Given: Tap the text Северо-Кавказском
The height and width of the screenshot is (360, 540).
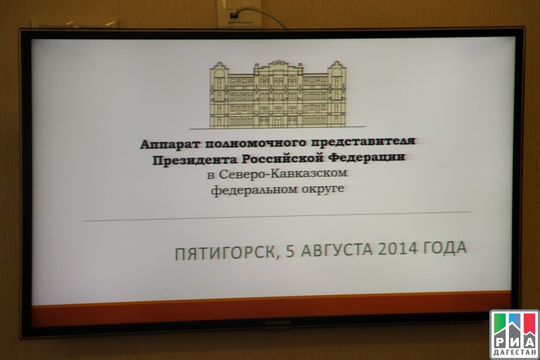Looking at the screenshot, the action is click(x=283, y=174).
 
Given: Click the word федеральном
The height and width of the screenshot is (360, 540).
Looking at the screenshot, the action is click(x=254, y=190).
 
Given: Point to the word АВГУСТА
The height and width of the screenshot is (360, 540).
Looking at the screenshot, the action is click(x=336, y=250).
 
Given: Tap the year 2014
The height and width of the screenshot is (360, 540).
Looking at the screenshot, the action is click(x=398, y=248).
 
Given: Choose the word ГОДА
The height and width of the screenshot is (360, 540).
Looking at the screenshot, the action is click(x=445, y=248).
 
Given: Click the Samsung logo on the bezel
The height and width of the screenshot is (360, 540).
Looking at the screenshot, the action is click(x=278, y=323).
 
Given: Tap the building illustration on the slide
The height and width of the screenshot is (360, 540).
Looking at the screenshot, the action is click(x=277, y=94).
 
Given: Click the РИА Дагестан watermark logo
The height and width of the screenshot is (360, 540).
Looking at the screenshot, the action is click(x=515, y=335).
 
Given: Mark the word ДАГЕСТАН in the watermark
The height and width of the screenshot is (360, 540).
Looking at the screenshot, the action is click(x=515, y=353).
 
